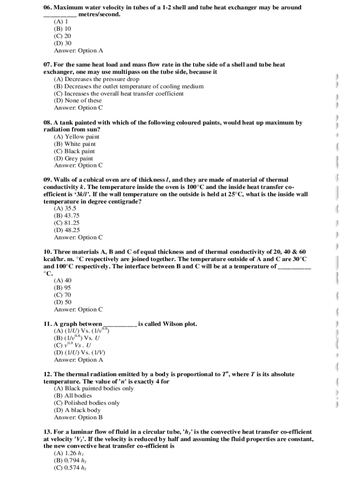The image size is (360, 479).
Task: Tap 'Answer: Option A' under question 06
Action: [78, 51]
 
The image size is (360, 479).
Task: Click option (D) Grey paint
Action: [73, 159]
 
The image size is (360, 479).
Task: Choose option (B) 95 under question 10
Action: [62, 288]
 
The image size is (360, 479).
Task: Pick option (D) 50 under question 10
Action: [62, 302]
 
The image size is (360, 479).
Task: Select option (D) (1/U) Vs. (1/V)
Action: [79, 353]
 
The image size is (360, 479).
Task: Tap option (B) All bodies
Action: [73, 396]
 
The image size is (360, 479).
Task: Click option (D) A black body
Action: [77, 410]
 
